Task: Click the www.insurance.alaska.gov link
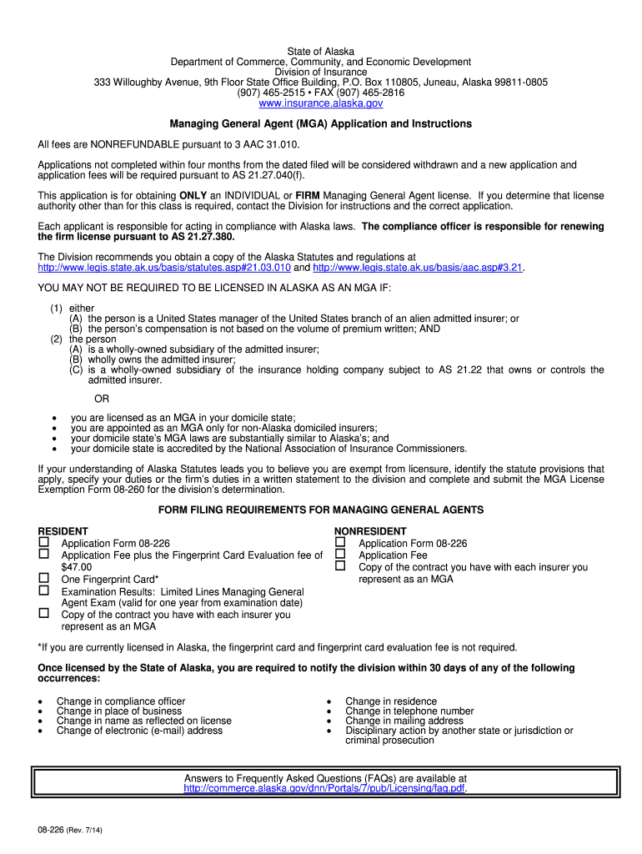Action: tap(321, 103)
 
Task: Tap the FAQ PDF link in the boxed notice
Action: tap(324, 788)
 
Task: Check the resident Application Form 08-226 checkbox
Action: tap(44, 543)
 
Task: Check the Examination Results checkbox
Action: tap(44, 590)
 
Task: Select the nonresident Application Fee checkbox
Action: tap(340, 555)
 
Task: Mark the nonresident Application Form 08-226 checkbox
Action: tap(340, 543)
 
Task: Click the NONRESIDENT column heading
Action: tap(370, 531)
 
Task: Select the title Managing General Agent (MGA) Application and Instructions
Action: tap(321, 123)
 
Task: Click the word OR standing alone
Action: tap(102, 399)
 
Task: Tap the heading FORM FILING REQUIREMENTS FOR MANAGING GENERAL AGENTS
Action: tap(321, 510)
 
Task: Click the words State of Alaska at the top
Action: tap(321, 52)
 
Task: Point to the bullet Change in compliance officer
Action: tap(121, 701)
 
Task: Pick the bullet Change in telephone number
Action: tap(409, 711)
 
